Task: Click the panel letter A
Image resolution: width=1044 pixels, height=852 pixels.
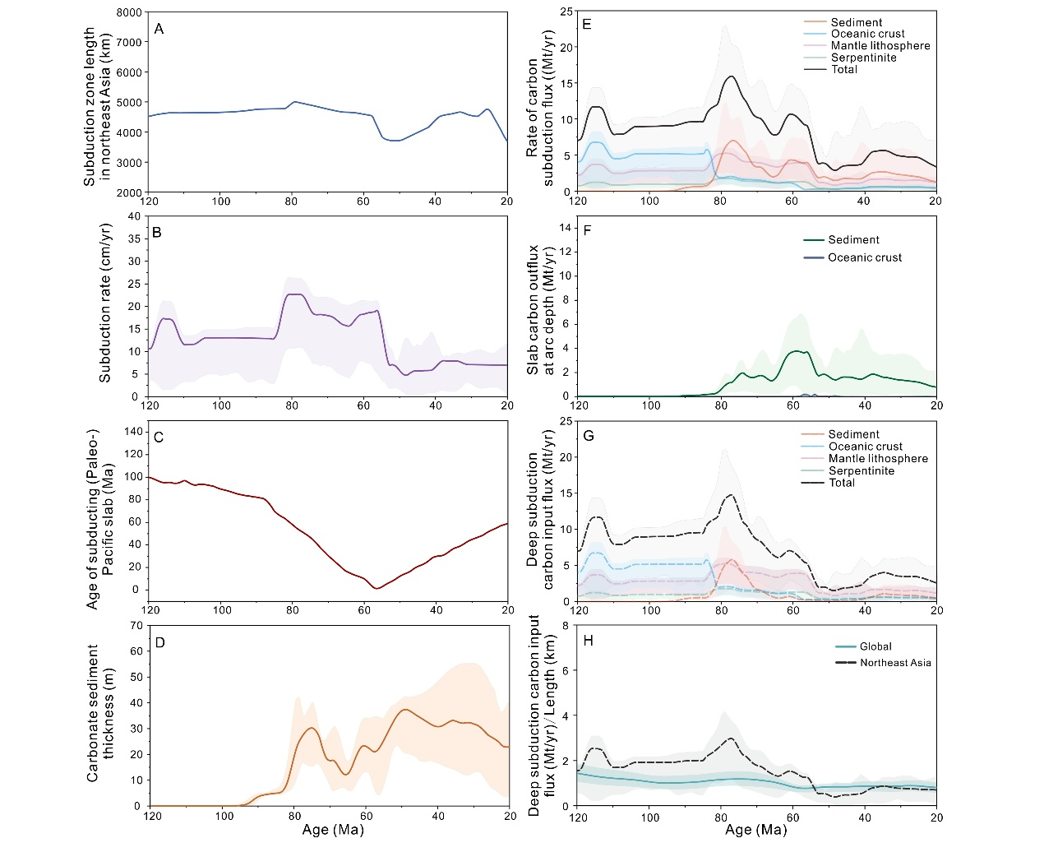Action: (x=159, y=29)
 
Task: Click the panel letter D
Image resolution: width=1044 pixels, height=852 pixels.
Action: (x=159, y=641)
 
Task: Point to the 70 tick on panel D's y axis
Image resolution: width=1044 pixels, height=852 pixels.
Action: (x=136, y=625)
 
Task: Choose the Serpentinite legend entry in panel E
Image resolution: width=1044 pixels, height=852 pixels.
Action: (x=863, y=58)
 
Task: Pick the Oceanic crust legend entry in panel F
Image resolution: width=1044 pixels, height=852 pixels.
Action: (x=864, y=257)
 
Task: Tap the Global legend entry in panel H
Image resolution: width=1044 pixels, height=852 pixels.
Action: (x=875, y=646)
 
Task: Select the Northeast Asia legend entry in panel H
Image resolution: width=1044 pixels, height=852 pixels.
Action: (x=895, y=663)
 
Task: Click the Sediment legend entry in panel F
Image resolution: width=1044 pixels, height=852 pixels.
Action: (x=853, y=239)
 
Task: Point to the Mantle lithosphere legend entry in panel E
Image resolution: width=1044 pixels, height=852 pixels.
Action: (x=880, y=46)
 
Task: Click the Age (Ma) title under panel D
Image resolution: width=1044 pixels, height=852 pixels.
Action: (x=332, y=830)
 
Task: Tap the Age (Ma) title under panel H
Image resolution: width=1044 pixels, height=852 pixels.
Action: (x=755, y=830)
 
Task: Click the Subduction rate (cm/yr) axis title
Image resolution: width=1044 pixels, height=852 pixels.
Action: (x=105, y=307)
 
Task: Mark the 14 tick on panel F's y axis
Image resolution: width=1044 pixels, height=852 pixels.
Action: (x=566, y=228)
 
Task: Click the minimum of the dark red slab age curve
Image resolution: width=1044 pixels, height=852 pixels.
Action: (x=376, y=588)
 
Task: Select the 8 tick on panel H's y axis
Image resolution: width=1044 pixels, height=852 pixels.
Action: (x=566, y=625)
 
